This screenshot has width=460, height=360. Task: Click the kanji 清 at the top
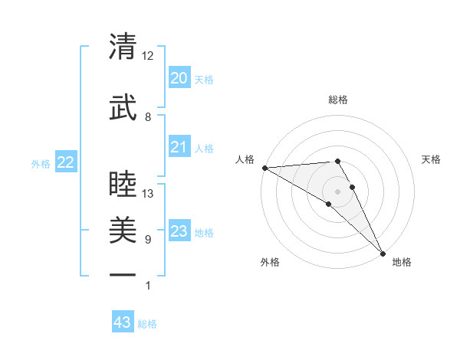[x=123, y=47]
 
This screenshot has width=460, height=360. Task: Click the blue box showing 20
[x=179, y=78]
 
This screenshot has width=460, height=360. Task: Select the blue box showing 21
[x=179, y=147]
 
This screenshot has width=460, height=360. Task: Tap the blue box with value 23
[x=179, y=231]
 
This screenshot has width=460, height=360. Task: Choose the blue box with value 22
[x=66, y=162]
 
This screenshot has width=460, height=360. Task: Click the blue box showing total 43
[x=123, y=322]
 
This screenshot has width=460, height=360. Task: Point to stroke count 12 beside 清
[x=148, y=56]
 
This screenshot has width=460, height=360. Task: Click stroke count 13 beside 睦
[x=148, y=194]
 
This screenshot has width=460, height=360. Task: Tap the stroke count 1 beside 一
[x=147, y=286]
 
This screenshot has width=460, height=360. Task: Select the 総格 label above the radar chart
[x=338, y=100]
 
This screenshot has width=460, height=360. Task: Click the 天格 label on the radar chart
[x=431, y=159]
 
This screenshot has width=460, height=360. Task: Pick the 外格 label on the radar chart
[x=270, y=262]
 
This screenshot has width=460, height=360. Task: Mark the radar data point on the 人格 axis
[x=264, y=168]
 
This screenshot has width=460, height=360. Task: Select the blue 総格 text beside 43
[x=147, y=324]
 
